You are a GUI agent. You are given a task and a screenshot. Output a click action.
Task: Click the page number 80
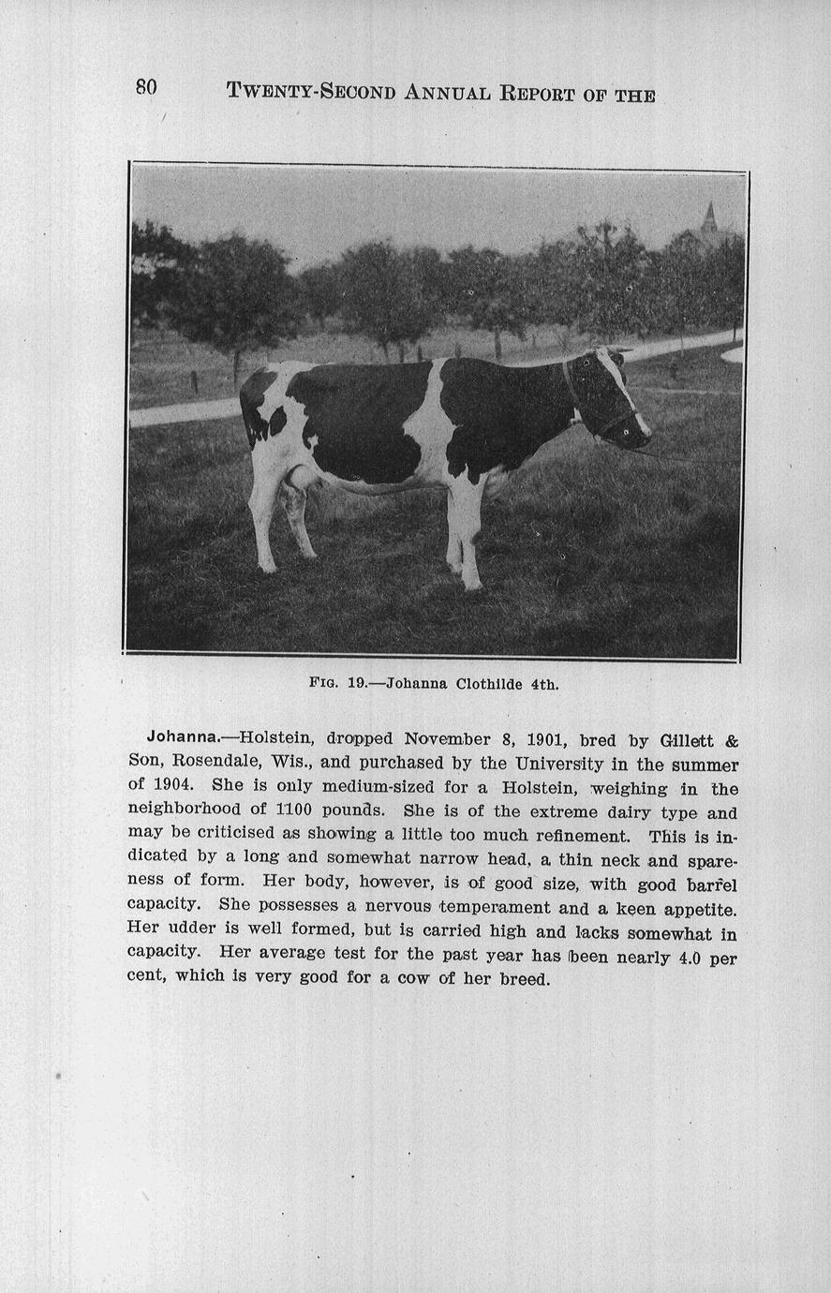pyautogui.click(x=146, y=87)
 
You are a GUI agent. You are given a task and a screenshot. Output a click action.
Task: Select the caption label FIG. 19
pyautogui.click(x=337, y=684)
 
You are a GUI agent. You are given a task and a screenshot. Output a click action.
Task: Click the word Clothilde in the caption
pyautogui.click(x=490, y=684)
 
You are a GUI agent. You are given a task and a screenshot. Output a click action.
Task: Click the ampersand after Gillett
pyautogui.click(x=731, y=740)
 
